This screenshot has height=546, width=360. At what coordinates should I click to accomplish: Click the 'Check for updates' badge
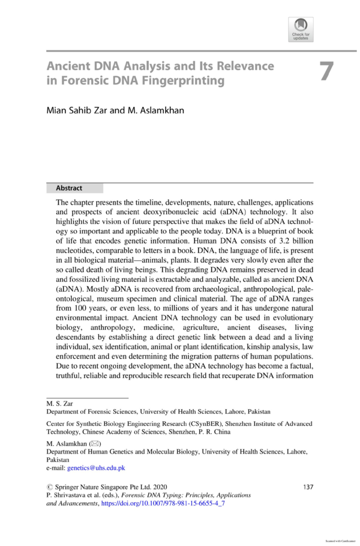tap(301, 29)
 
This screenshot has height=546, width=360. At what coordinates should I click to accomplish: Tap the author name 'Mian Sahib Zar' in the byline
tap(79, 111)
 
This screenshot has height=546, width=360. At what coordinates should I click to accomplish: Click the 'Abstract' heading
tap(68, 188)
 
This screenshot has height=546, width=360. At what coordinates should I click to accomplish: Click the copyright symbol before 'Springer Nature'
tap(50, 487)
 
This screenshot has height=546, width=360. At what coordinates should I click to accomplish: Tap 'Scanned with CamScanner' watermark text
tap(340, 540)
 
